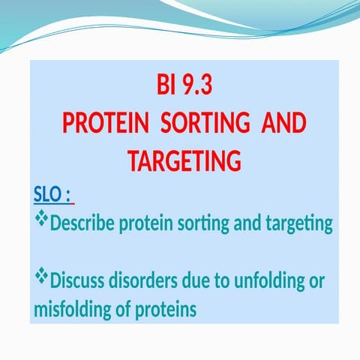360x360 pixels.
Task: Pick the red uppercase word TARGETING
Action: (x=184, y=161)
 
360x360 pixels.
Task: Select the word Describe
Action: (x=82, y=224)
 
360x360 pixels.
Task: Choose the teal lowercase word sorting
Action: (x=217, y=224)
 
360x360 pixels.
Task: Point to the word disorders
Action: (x=143, y=283)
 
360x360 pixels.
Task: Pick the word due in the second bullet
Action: (x=193, y=283)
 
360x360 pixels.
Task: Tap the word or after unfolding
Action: (x=316, y=283)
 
